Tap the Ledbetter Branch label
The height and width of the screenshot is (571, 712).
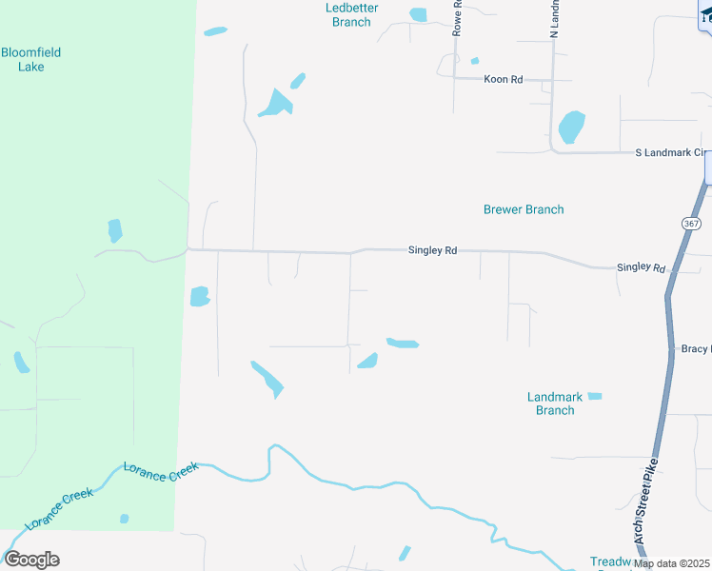click(x=351, y=14)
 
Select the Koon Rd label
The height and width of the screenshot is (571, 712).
click(x=504, y=79)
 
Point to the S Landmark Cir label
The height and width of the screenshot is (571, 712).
click(x=673, y=153)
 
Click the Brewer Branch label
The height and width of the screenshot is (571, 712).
click(x=524, y=209)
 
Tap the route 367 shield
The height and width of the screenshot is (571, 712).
click(x=691, y=223)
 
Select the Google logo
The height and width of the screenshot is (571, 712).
click(x=31, y=560)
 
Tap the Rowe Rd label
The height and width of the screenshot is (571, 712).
click(x=457, y=18)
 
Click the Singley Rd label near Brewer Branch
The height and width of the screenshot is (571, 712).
click(x=432, y=250)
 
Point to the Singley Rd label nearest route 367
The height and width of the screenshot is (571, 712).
click(x=641, y=268)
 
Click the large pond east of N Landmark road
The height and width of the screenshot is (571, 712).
click(x=571, y=127)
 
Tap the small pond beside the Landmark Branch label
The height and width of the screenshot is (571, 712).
click(x=595, y=396)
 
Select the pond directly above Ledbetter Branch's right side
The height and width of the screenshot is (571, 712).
click(x=418, y=14)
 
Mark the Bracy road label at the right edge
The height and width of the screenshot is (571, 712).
click(x=696, y=349)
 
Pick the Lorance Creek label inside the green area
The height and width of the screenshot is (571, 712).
click(x=60, y=510)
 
